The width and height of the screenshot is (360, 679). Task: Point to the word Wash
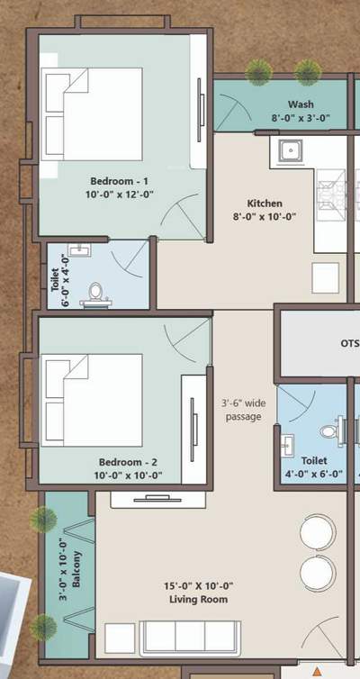[301, 104]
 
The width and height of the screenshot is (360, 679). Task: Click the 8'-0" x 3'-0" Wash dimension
[301, 118]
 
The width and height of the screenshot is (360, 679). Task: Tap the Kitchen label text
[265, 204]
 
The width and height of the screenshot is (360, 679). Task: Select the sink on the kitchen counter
[290, 150]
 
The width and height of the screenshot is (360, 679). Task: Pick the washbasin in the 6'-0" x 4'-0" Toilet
[78, 250]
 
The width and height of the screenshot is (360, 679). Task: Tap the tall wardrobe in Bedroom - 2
[195, 427]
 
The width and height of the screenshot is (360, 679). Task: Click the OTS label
[349, 343]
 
